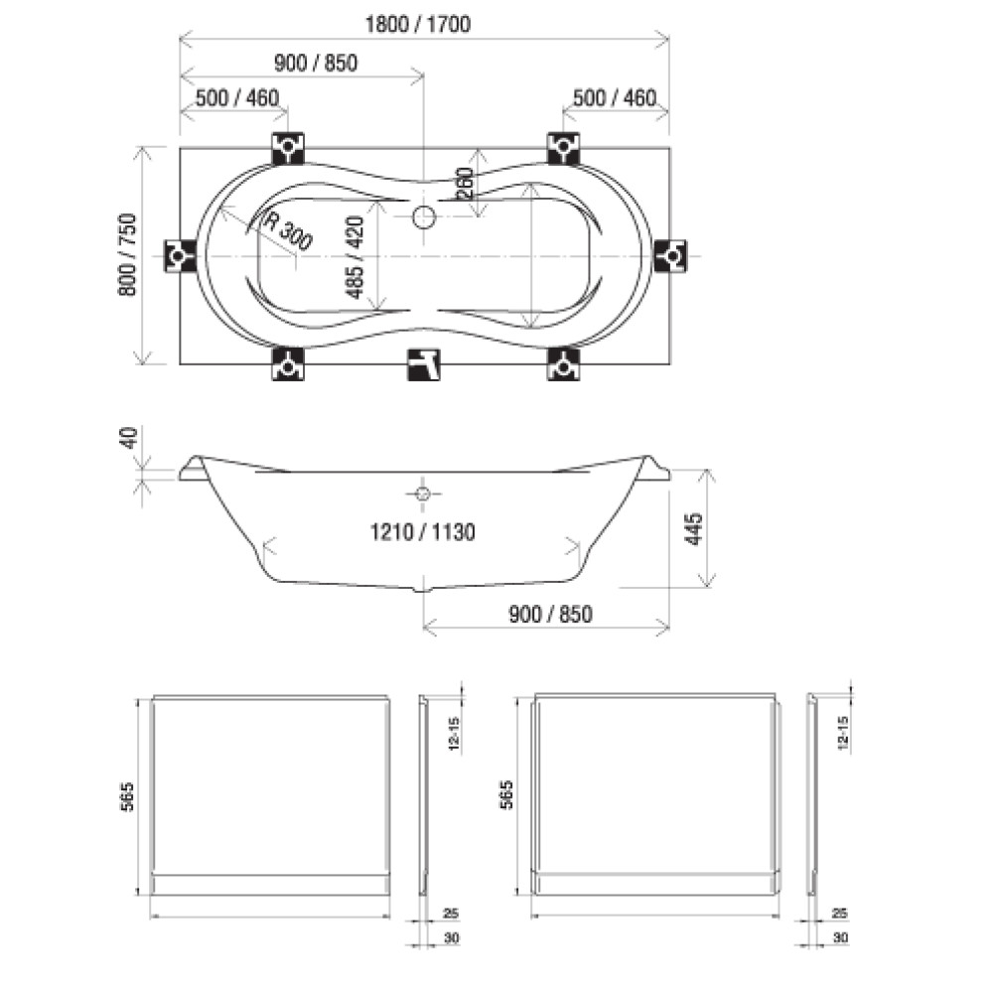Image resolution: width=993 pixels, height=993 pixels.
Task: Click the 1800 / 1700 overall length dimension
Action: pyautogui.click(x=418, y=25)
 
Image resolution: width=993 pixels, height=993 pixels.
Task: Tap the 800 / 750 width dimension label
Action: pyautogui.click(x=127, y=254)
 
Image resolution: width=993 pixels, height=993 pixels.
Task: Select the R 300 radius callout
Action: pyautogui.click(x=288, y=230)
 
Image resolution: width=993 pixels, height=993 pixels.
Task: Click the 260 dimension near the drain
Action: pyautogui.click(x=466, y=183)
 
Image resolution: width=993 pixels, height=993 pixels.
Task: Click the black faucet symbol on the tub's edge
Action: pyautogui.click(x=424, y=364)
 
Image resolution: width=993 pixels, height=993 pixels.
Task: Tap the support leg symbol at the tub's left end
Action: pyautogui.click(x=179, y=256)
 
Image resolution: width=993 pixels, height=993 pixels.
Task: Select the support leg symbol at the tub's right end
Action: pyautogui.click(x=670, y=256)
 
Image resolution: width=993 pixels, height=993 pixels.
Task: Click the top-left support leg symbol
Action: pyautogui.click(x=288, y=148)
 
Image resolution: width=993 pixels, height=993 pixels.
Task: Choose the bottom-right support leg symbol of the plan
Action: pyautogui.click(x=563, y=364)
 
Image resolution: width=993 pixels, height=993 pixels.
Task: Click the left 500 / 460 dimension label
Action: pyautogui.click(x=237, y=98)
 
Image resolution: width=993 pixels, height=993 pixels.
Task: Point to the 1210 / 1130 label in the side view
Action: pyautogui.click(x=422, y=532)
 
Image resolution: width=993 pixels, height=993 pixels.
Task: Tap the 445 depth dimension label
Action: pyautogui.click(x=693, y=529)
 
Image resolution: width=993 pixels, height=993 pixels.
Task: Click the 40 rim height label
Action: pyautogui.click(x=128, y=438)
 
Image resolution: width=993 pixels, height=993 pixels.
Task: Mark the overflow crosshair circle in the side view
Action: pyautogui.click(x=423, y=494)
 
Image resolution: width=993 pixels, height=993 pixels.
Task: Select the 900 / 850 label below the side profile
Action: pyautogui.click(x=550, y=615)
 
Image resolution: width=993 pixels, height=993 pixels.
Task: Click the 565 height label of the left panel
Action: pyautogui.click(x=127, y=796)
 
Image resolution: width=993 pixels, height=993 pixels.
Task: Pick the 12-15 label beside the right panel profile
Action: pyautogui.click(x=842, y=734)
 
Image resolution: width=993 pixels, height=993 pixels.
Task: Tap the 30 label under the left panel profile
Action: pyautogui.click(x=451, y=938)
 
